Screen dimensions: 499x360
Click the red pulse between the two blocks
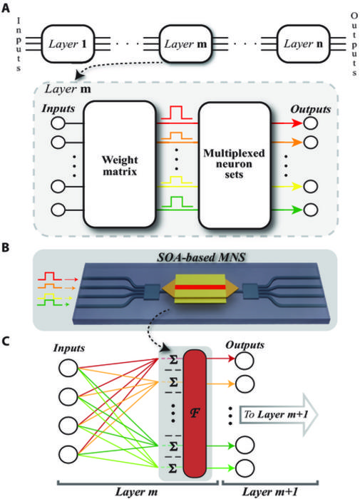[178, 113]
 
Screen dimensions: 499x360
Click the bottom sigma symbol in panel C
[173, 467]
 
